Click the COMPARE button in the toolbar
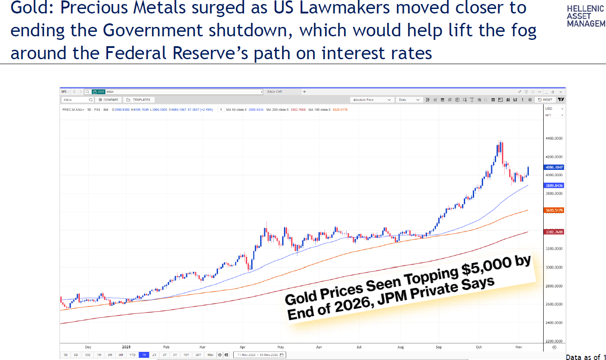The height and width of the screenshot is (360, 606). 109,100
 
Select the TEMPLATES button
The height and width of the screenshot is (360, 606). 139,100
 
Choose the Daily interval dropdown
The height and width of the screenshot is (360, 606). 410,100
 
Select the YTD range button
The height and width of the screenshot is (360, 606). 132,355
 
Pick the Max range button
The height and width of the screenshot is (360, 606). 210,355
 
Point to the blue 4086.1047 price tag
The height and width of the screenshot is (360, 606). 554,167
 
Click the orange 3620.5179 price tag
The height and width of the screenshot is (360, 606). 554,210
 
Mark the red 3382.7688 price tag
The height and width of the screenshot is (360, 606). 554,232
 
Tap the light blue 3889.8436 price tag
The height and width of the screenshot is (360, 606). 554,185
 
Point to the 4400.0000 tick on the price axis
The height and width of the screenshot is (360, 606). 554,139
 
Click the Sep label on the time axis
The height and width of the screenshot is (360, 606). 438,347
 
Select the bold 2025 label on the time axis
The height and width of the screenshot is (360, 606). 126,347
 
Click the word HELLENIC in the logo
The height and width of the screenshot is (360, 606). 586,9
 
